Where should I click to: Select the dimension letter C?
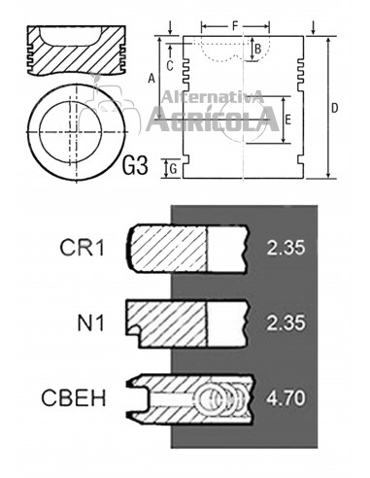coord(169,65)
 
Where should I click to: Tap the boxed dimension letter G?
coord(171,169)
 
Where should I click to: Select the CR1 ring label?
coord(84,248)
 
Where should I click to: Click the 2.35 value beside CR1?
coord(286,248)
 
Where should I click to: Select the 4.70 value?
coord(286,398)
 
